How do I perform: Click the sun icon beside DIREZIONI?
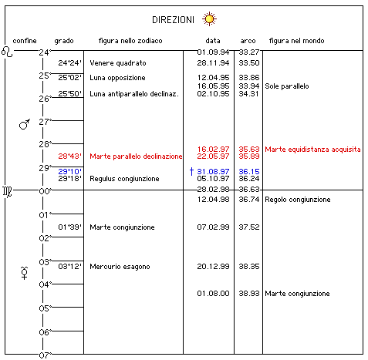209,19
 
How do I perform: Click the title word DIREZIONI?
173,20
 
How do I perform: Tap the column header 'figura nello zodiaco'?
130,41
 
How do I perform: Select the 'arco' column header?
248,41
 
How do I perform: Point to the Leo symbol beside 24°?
7,52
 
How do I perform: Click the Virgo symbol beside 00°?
7,191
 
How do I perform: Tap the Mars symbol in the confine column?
25,124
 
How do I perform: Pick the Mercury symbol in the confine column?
24,273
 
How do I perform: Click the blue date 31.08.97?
213,171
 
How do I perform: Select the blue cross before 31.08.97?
191,171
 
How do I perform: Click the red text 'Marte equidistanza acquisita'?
312,150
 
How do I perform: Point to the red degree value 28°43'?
69,156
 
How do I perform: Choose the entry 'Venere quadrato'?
118,63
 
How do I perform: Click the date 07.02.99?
213,227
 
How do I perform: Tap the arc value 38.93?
249,294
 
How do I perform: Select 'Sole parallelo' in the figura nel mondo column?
287,86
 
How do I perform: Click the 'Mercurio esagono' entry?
120,267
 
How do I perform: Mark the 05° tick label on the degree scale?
46,308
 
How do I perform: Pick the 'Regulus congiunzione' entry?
124,179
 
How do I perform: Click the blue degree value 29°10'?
69,171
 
